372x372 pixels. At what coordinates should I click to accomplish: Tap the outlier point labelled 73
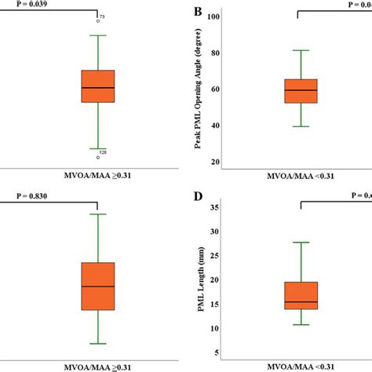click(x=98, y=20)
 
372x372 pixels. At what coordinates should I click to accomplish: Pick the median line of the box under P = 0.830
click(x=98, y=286)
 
